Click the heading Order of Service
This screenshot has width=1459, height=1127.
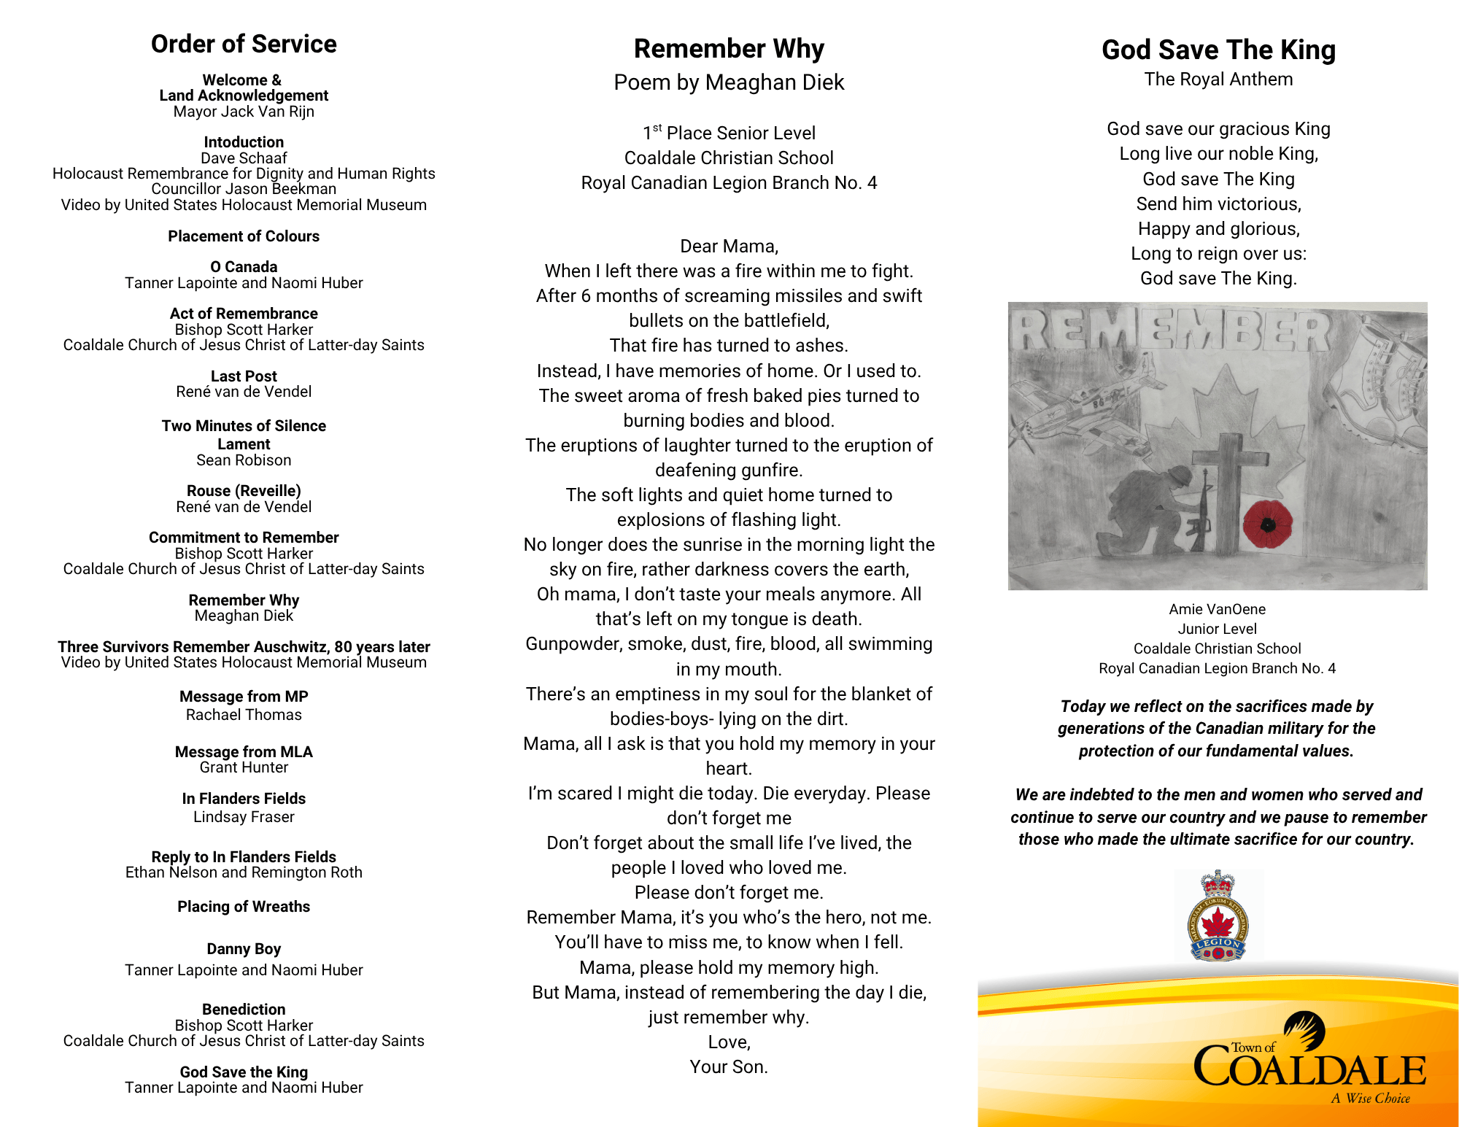pyautogui.click(x=244, y=44)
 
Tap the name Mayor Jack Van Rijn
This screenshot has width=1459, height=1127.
pyautogui.click(x=244, y=112)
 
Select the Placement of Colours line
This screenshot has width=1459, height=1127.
pyautogui.click(x=244, y=236)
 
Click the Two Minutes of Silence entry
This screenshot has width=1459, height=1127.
pyautogui.click(x=244, y=426)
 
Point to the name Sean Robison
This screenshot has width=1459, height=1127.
pyautogui.click(x=244, y=460)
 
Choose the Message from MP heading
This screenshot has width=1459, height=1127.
pyautogui.click(x=244, y=697)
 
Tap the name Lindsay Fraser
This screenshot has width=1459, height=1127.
pyautogui.click(x=244, y=817)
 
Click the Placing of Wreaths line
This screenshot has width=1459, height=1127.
pyautogui.click(x=244, y=907)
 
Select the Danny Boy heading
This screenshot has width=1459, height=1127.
pyautogui.click(x=244, y=949)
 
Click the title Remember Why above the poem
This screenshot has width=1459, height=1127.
pyautogui.click(x=729, y=49)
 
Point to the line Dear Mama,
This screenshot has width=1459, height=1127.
pyautogui.click(x=729, y=247)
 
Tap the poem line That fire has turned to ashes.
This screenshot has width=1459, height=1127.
pyautogui.click(x=729, y=346)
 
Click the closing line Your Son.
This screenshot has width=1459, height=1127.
pyautogui.click(x=729, y=1067)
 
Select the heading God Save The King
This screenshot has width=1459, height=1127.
pyautogui.click(x=1218, y=50)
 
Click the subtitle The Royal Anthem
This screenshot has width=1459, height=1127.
pyautogui.click(x=1218, y=80)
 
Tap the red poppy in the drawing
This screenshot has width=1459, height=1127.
pyautogui.click(x=1268, y=524)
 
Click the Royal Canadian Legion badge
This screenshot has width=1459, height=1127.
pyautogui.click(x=1218, y=916)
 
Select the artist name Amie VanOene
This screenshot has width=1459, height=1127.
pyautogui.click(x=1217, y=609)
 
